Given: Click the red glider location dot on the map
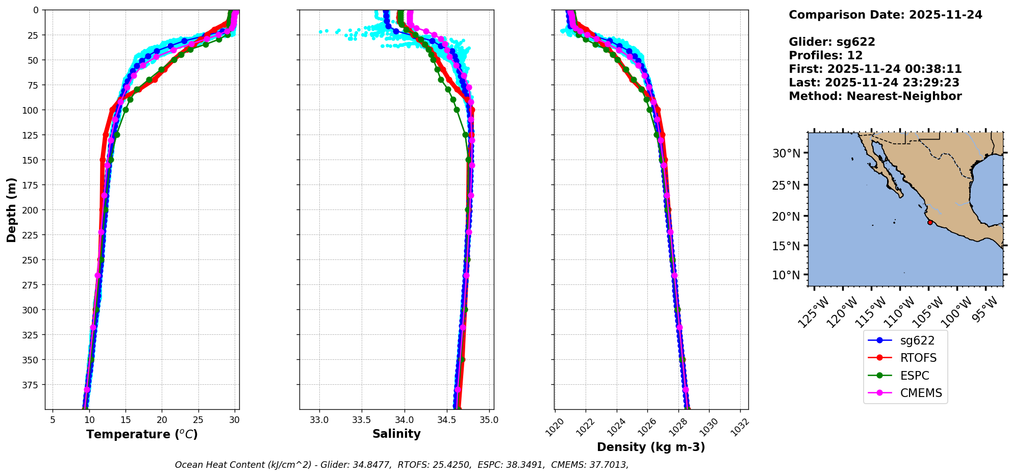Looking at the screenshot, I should pyautogui.click(x=930, y=222).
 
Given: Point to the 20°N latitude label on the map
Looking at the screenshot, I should pyautogui.click(x=786, y=217).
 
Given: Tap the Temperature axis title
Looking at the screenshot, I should pyautogui.click(x=142, y=434).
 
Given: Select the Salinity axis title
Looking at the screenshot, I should pyautogui.click(x=396, y=434).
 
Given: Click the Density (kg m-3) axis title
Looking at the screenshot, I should pyautogui.click(x=651, y=447).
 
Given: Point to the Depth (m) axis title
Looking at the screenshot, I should pyautogui.click(x=11, y=209).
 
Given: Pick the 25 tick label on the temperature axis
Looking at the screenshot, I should pyautogui.click(x=198, y=420).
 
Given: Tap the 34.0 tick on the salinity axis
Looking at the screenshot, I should pyautogui.click(x=405, y=420).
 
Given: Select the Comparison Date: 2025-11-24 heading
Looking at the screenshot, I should pyautogui.click(x=885, y=15).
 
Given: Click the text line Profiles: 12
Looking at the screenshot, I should pyautogui.click(x=825, y=56).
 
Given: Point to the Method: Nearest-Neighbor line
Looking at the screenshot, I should pyautogui.click(x=875, y=96).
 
